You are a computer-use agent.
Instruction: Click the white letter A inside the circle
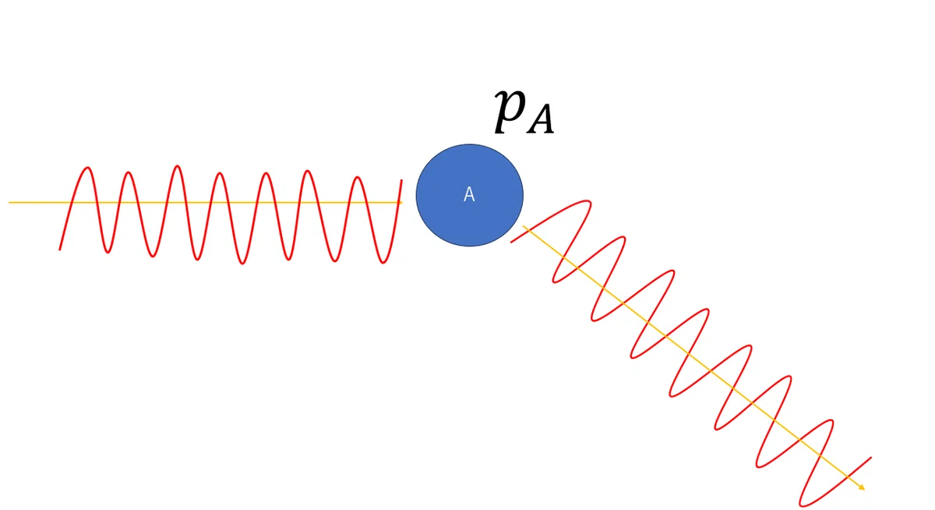pos(469,195)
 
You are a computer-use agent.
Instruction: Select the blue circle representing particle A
pos(470,195)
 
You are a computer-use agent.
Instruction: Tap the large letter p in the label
pos(510,109)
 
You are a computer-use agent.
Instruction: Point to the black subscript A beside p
pos(541,119)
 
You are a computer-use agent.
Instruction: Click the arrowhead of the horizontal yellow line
pos(400,203)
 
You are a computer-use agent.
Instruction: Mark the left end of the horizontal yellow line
pos(9,203)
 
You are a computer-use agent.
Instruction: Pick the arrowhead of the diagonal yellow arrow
pos(862,487)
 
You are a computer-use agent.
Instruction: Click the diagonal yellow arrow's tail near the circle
pos(524,226)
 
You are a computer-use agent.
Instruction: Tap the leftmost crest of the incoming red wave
pos(87,168)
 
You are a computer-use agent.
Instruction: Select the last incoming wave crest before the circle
pos(358,178)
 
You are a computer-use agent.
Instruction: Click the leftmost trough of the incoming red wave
pos(108,252)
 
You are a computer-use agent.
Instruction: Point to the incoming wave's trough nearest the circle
pos(383,262)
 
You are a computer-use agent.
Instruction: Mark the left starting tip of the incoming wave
pos(60,250)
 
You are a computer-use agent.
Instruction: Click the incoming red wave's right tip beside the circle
pos(401,180)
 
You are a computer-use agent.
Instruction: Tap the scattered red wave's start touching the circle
pos(512,242)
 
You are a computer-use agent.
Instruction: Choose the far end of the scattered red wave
pos(871,458)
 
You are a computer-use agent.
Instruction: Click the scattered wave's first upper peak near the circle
pos(589,203)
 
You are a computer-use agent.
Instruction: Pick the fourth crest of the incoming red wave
pos(220,174)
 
